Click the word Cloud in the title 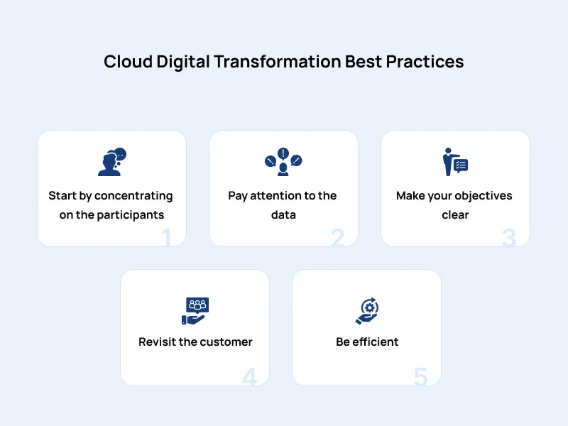pos(128,62)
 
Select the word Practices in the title pos(425,62)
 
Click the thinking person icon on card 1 pos(111,163)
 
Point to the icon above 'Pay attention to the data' pos(283,162)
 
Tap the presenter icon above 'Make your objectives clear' pos(455,163)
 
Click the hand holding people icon pos(195,310)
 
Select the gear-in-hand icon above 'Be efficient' pos(367,310)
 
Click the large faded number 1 pos(167,238)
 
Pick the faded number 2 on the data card pos(337,238)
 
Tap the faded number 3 pos(508,238)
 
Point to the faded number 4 pos(249,377)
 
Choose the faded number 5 pos(420,377)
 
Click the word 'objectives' pos(483,195)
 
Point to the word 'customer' pos(225,342)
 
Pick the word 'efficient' pos(376,342)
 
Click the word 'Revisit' pos(157,342)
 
